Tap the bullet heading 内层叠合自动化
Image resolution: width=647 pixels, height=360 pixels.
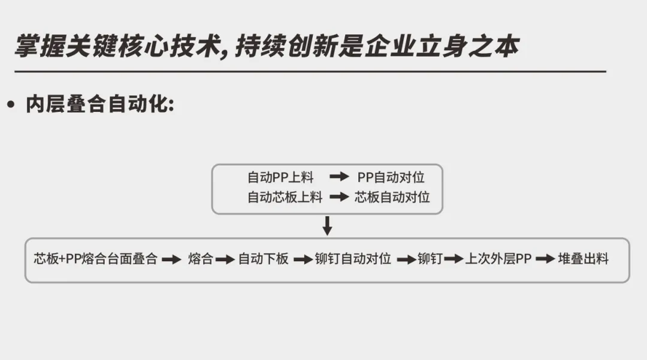tap(99, 104)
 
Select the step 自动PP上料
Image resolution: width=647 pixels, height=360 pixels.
tap(280, 177)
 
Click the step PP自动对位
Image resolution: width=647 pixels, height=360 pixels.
tap(391, 177)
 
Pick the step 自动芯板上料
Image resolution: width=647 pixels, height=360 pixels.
tap(285, 197)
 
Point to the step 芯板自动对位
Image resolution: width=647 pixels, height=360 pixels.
tap(392, 197)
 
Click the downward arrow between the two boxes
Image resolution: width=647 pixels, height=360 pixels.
tap(327, 226)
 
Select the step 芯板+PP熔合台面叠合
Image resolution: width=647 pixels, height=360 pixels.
tap(96, 259)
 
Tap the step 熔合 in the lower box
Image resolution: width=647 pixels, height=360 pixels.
tap(200, 259)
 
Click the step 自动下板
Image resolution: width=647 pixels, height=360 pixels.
tap(264, 259)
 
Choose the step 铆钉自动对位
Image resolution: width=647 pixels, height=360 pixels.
tap(353, 259)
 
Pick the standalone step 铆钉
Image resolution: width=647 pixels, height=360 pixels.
tap(430, 259)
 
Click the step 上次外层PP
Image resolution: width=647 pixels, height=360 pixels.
tap(498, 259)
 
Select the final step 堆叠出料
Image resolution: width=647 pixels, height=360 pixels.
tap(583, 259)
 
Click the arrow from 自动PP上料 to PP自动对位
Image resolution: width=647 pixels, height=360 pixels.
tap(339, 177)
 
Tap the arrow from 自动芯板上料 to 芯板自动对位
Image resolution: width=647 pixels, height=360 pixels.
tap(339, 197)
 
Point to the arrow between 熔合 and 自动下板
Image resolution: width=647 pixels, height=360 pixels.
tap(225, 259)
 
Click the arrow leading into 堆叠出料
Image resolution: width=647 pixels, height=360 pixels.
tap(545, 259)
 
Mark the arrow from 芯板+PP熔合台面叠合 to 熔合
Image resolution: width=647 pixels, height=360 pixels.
tap(172, 259)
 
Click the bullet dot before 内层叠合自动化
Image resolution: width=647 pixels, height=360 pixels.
tap(10, 105)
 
